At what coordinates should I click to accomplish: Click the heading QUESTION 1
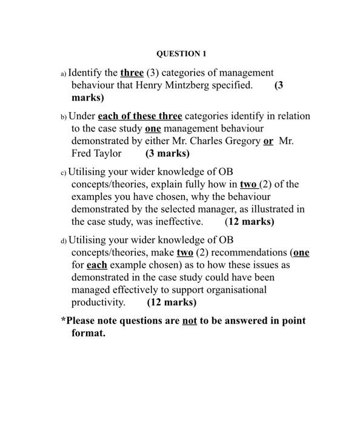coord(181,54)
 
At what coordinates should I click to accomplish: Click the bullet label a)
coord(63,74)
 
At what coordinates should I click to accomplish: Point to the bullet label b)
coord(63,117)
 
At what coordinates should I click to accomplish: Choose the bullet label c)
coord(63,173)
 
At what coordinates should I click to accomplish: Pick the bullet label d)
coord(63,241)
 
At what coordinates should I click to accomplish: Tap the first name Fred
coord(82,153)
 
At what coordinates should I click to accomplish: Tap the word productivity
coord(98,302)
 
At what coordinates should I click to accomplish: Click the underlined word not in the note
coord(190,320)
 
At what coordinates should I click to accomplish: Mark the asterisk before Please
coord(63,319)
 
